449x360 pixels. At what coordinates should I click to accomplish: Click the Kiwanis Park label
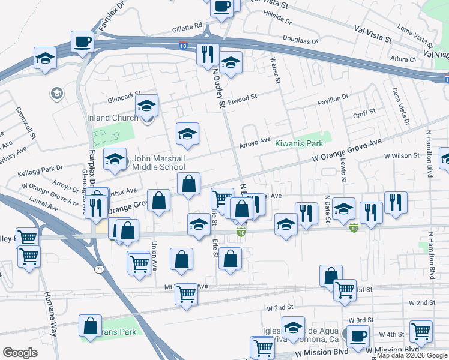coord(299,143)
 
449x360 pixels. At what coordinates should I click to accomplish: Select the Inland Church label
coord(113,118)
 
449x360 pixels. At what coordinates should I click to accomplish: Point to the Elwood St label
coord(241,96)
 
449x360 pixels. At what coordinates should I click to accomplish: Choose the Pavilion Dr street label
coord(333,98)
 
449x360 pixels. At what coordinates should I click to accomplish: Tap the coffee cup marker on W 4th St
coord(358,337)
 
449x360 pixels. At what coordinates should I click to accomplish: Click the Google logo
coord(20,353)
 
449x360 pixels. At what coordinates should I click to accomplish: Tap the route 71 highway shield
coord(98,269)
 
